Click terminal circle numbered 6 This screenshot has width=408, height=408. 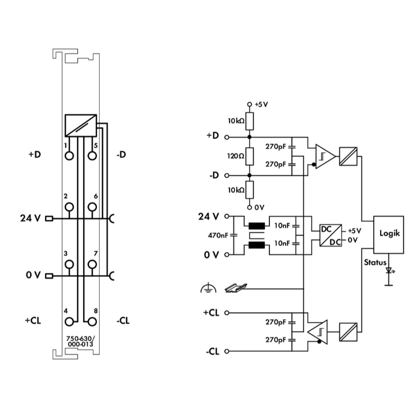(x=92, y=207)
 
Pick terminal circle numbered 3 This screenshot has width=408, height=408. (x=69, y=264)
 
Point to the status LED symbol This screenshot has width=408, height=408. (x=388, y=270)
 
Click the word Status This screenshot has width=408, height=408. (x=375, y=262)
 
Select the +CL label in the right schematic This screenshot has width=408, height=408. (x=212, y=313)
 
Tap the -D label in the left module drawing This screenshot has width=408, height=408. (x=121, y=154)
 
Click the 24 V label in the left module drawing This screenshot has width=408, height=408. (x=30, y=219)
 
